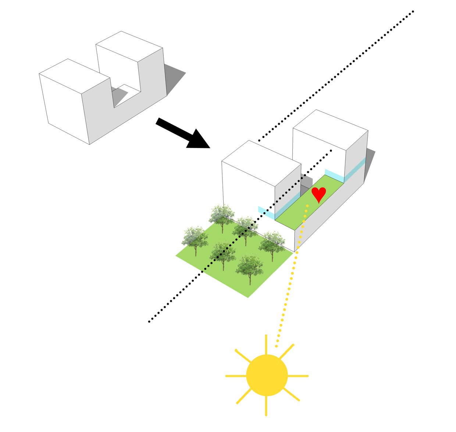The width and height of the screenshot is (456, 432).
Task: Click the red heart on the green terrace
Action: [x=318, y=194]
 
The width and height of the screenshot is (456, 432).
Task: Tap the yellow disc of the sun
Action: [x=267, y=375]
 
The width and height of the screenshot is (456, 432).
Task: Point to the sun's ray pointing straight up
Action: [x=266, y=344]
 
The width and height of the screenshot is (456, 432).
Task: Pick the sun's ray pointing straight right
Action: [x=298, y=376]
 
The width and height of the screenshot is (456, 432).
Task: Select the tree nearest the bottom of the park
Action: [x=250, y=268]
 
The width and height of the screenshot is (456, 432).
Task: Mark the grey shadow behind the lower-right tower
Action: [x=370, y=162]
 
